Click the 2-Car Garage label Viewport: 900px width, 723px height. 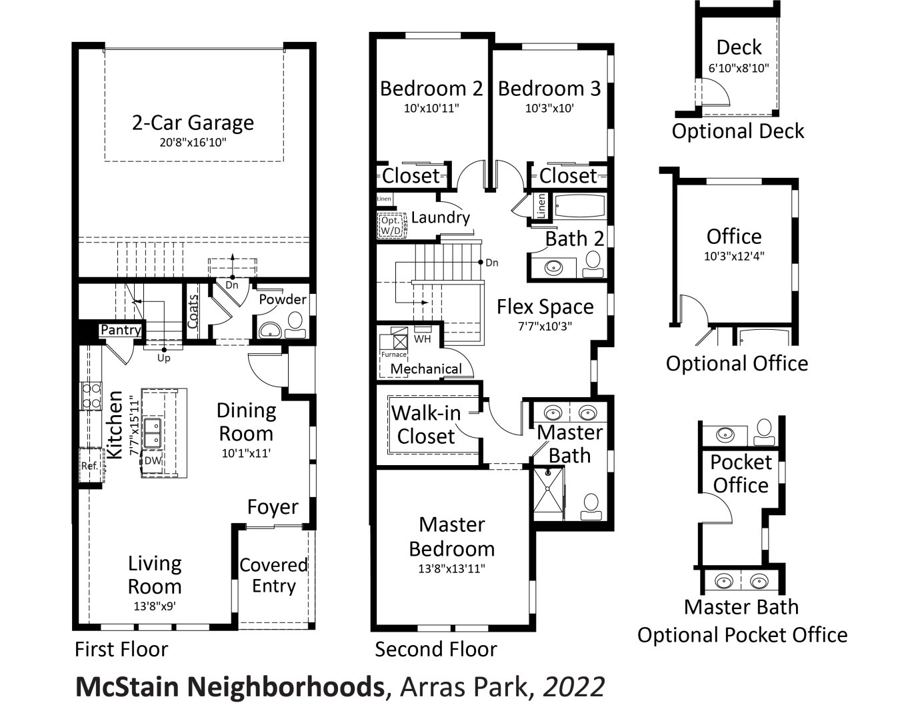[x=193, y=123]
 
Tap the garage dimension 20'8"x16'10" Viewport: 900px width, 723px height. [x=193, y=143]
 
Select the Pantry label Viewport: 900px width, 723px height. [x=121, y=330]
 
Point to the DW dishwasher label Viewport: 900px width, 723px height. [x=153, y=460]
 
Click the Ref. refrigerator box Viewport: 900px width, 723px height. [x=89, y=466]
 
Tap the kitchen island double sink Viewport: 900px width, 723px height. [x=153, y=432]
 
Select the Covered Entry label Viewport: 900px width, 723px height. [x=273, y=575]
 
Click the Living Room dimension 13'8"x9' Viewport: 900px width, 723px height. [x=154, y=606]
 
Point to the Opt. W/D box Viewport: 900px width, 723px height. [x=391, y=225]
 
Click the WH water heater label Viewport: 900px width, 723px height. [x=422, y=339]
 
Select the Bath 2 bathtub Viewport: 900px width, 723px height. [x=579, y=207]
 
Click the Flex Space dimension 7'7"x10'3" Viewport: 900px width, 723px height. [x=545, y=327]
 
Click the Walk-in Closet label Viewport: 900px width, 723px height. [x=425, y=424]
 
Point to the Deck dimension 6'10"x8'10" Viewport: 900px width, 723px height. [x=738, y=68]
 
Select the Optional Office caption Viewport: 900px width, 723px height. [x=737, y=363]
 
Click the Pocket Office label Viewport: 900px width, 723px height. [x=741, y=473]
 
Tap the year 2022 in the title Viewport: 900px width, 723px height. [x=574, y=687]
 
